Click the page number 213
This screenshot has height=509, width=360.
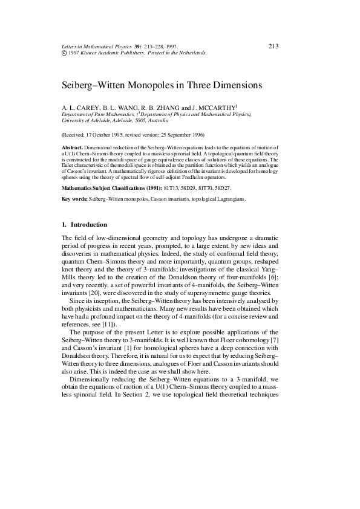point(273,46)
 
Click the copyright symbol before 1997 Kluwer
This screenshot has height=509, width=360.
point(65,53)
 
